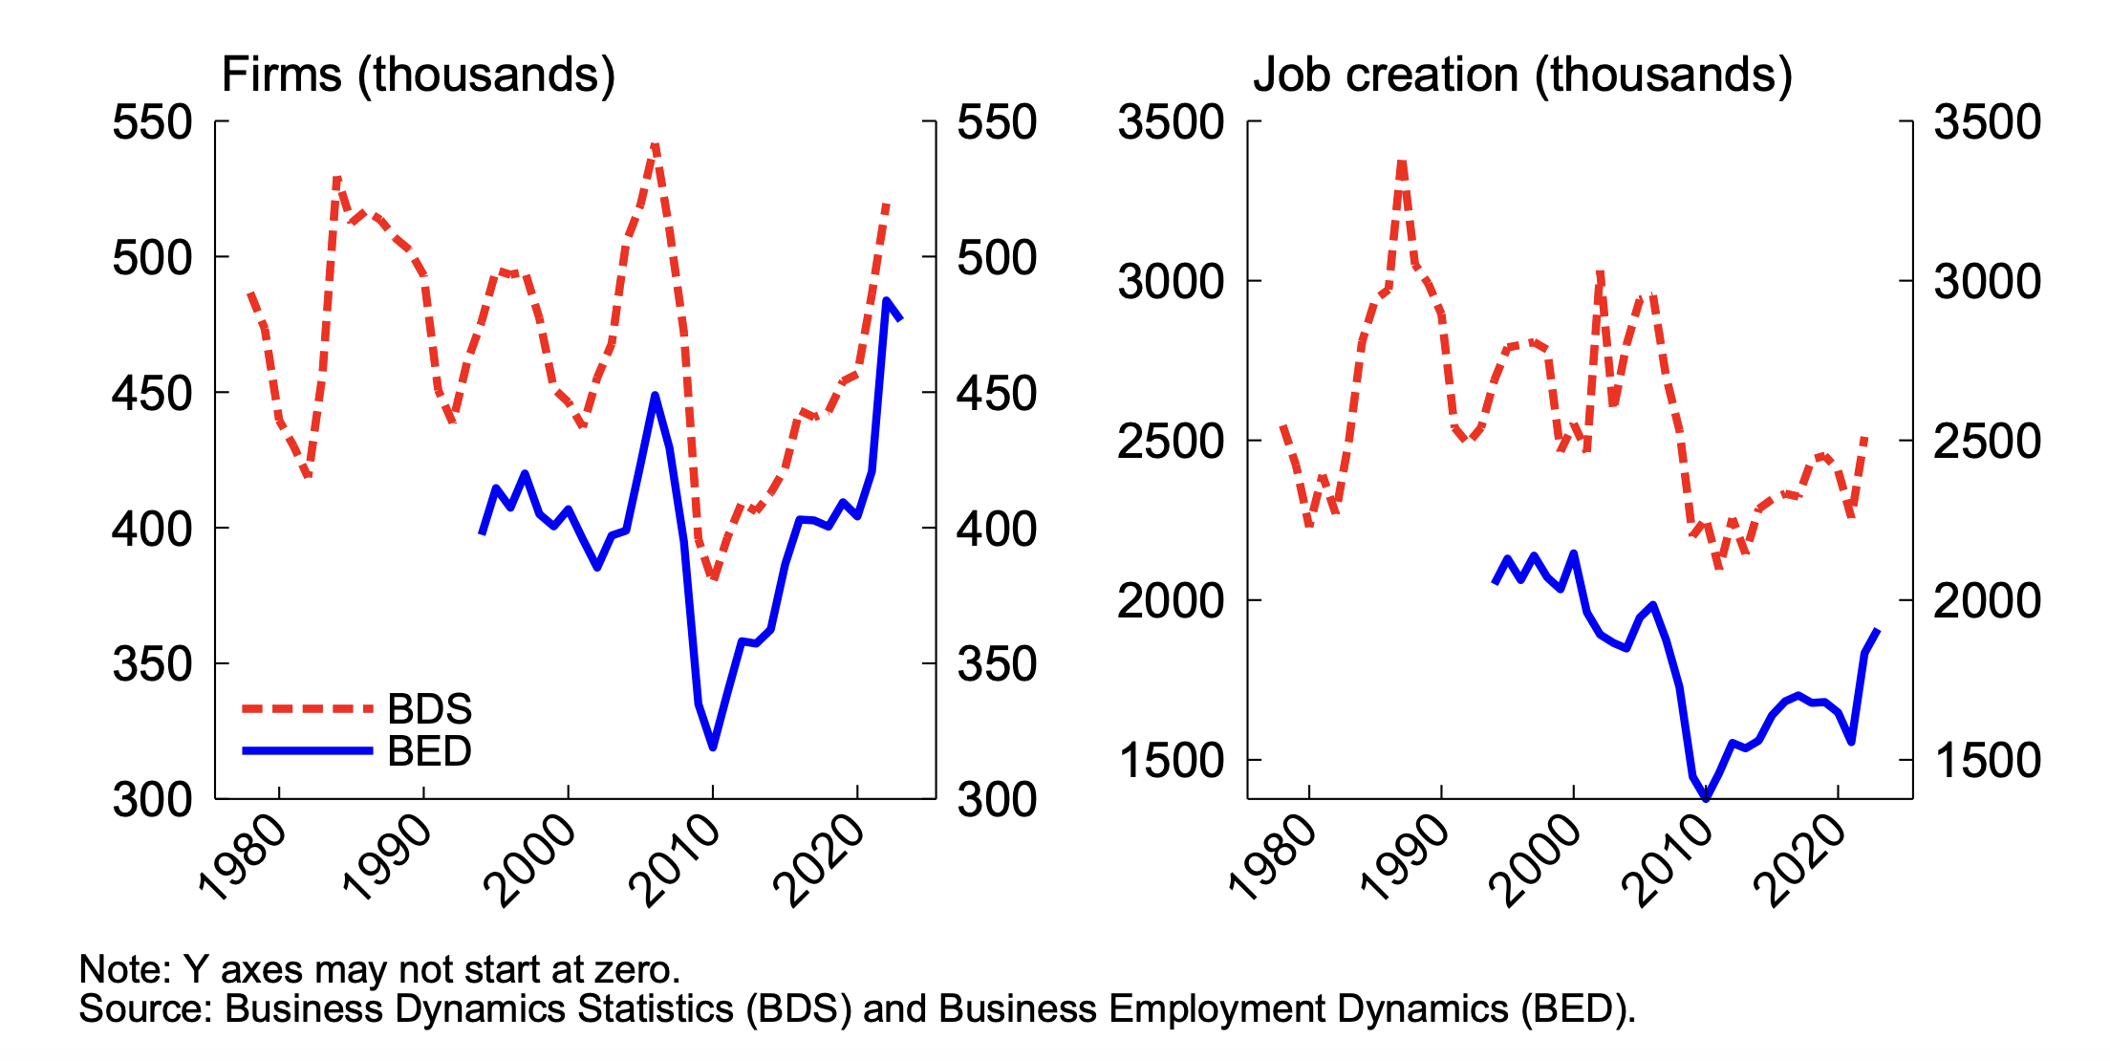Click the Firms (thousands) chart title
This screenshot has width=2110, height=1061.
click(x=418, y=75)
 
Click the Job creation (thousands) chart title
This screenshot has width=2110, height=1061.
click(x=1522, y=75)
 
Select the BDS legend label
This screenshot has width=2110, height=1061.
click(x=429, y=709)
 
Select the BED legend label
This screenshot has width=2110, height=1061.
click(x=429, y=751)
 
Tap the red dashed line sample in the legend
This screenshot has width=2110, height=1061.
click(x=307, y=709)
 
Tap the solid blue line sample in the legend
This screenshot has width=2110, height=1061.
click(x=307, y=751)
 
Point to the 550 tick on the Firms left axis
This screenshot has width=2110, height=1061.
click(x=153, y=122)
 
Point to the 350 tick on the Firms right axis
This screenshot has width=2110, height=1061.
click(x=997, y=664)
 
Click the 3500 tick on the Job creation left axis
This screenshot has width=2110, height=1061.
click(x=1171, y=122)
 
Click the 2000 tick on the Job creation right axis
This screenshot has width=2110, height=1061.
click(x=1987, y=601)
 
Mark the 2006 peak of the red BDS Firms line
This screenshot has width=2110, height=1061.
click(x=655, y=146)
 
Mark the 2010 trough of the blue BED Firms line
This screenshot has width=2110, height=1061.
click(x=713, y=747)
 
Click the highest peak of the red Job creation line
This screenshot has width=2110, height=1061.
click(x=1402, y=163)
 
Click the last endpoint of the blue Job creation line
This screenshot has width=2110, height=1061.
click(x=1878, y=630)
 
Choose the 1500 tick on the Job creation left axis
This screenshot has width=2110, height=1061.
click(x=1171, y=761)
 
